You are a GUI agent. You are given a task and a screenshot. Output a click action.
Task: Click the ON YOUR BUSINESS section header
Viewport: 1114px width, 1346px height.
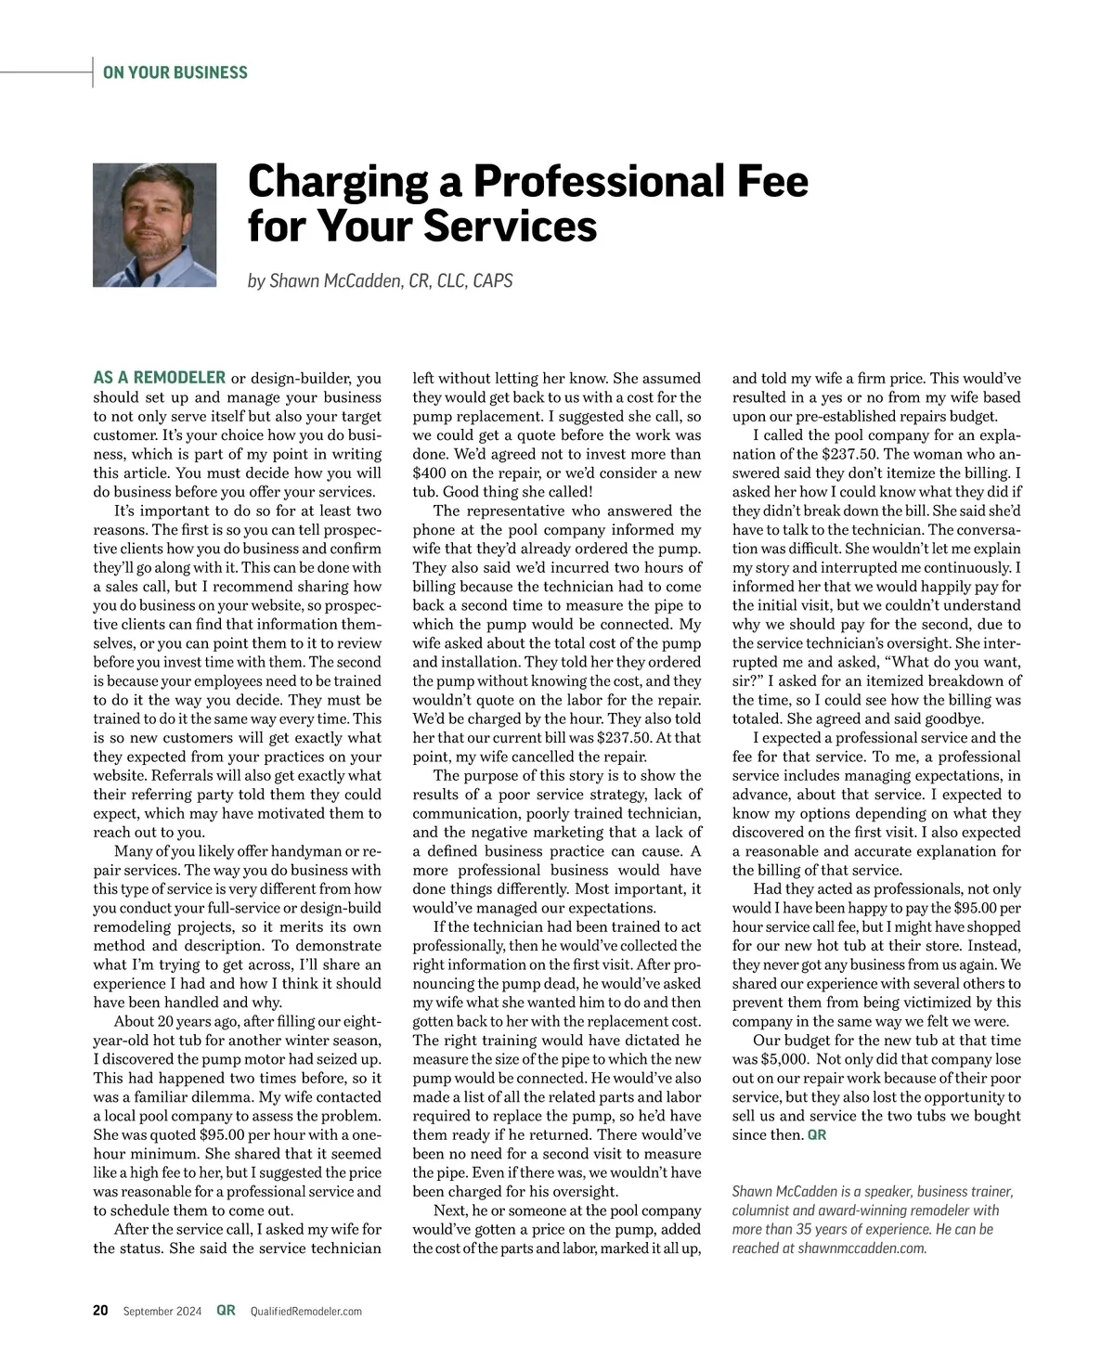pyautogui.click(x=175, y=72)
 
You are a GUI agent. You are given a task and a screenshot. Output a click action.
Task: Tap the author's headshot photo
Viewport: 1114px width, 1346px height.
pyautogui.click(x=155, y=226)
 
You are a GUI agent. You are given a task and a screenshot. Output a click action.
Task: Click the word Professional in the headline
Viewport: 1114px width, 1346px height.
pyautogui.click(x=598, y=182)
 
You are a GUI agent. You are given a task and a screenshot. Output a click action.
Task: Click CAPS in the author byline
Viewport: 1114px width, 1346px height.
pyautogui.click(x=492, y=280)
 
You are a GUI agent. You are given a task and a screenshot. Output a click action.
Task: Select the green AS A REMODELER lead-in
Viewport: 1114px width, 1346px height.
pyautogui.click(x=160, y=378)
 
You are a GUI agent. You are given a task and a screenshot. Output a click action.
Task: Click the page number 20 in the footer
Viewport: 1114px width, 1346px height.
pyautogui.click(x=100, y=1311)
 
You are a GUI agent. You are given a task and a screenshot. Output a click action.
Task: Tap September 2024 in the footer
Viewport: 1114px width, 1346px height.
pyautogui.click(x=162, y=1311)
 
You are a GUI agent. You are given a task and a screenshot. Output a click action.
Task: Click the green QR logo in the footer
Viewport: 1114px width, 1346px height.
pyautogui.click(x=226, y=1311)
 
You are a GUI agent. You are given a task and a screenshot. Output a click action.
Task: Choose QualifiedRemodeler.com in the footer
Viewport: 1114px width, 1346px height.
pyautogui.click(x=306, y=1312)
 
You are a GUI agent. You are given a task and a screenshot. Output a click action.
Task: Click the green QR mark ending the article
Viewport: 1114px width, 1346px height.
pyautogui.click(x=817, y=1135)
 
